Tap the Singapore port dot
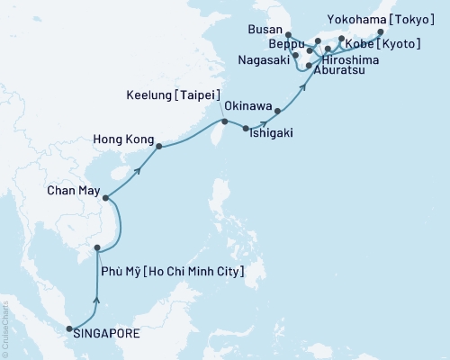[70, 330]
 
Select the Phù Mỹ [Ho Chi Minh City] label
[170, 270]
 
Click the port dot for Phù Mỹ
[97, 247]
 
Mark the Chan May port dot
[105, 198]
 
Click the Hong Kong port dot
[159, 146]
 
